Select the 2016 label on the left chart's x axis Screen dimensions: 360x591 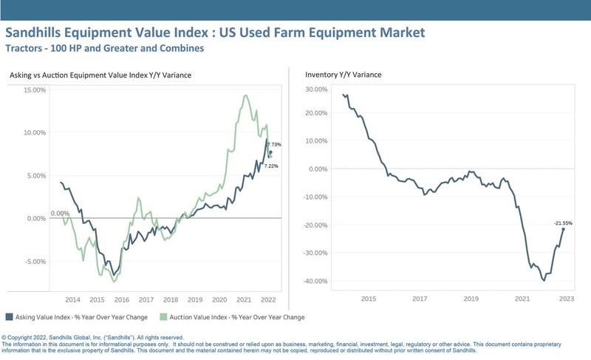[x=122, y=300]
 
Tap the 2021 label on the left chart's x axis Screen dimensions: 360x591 [x=244, y=300]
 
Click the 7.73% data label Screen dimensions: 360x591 [x=274, y=144]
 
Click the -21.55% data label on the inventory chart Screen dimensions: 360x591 [x=564, y=223]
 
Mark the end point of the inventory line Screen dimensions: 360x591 [x=564, y=229]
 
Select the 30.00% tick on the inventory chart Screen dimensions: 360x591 [x=316, y=89]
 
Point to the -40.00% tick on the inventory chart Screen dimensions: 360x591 [x=316, y=281]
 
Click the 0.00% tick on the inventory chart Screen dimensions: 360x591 [x=318, y=169]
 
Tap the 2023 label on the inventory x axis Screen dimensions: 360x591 [x=566, y=299]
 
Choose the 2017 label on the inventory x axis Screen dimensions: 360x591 [x=420, y=299]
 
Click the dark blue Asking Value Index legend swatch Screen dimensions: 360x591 [x=9, y=317]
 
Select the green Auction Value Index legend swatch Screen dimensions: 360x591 [x=164, y=317]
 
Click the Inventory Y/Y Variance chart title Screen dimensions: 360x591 [x=343, y=74]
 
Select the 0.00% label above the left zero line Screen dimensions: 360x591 [x=60, y=214]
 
